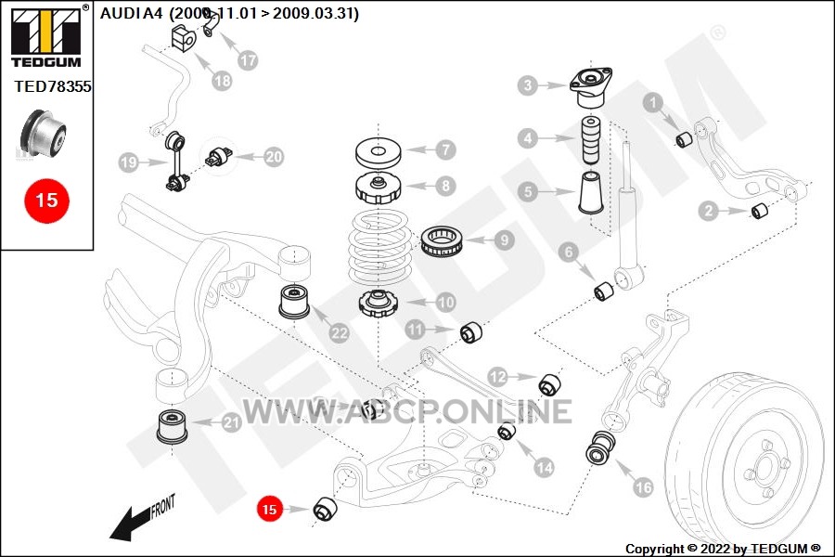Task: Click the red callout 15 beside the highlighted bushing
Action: pyautogui.click(x=269, y=509)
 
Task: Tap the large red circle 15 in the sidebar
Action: pyautogui.click(x=47, y=201)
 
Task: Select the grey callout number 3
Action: pyautogui.click(x=528, y=85)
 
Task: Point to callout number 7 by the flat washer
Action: pyautogui.click(x=445, y=149)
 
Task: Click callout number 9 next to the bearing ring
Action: pyautogui.click(x=505, y=240)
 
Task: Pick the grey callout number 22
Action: pyautogui.click(x=340, y=333)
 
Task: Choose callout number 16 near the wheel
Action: pyautogui.click(x=643, y=486)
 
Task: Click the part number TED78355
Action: pyautogui.click(x=53, y=86)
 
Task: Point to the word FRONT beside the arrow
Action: pyautogui.click(x=162, y=506)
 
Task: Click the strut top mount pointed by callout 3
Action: pyautogui.click(x=591, y=88)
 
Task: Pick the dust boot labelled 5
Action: pyautogui.click(x=591, y=192)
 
